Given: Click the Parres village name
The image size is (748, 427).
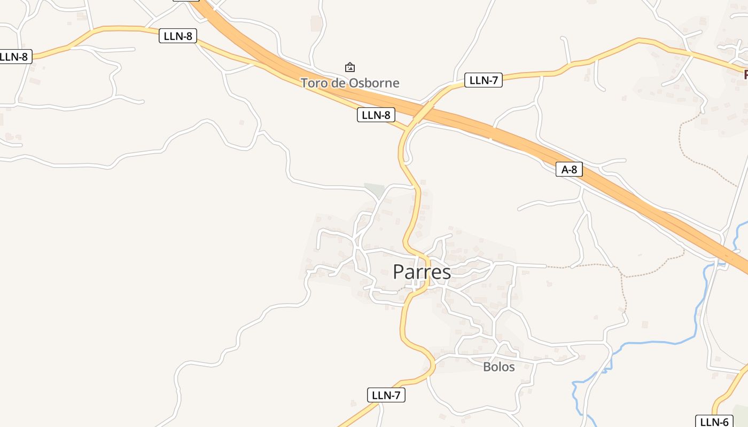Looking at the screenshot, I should (422, 272).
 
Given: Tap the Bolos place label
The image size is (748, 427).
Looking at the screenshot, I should (498, 367).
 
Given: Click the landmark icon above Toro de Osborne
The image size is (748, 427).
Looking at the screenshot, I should (350, 67).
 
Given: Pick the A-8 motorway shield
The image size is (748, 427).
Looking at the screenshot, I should (569, 170).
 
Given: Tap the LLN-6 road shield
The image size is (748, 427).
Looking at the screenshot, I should (714, 422).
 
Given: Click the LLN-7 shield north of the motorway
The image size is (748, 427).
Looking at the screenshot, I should (484, 81).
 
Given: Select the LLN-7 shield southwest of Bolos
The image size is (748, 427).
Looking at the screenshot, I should (386, 395).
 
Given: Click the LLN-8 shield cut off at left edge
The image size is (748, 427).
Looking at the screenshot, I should (15, 57).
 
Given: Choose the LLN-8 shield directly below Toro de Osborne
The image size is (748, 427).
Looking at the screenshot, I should (376, 115).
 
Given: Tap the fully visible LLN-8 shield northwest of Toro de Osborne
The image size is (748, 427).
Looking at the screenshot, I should (178, 36).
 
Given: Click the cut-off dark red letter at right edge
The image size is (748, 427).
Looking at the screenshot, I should (745, 75).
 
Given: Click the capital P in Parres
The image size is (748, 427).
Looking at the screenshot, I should (399, 272).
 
